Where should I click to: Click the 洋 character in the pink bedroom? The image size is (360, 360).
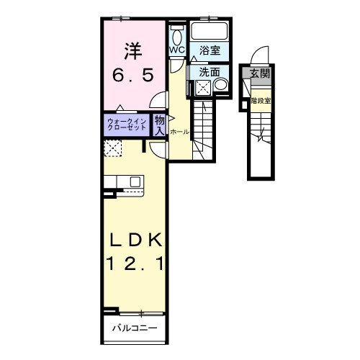pos(131,52)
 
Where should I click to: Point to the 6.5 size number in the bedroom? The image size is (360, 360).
pos(132,75)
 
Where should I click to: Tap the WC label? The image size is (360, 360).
pos(177,50)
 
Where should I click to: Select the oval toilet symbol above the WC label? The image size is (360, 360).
pos(177,36)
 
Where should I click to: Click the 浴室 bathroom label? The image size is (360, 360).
pos(210,51)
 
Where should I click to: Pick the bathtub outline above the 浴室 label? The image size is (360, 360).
pos(210,32)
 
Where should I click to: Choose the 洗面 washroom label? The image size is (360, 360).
pos(210,72)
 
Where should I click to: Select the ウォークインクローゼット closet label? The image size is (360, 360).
pos(127,123)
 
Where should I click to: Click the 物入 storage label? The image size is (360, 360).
pos(159,123)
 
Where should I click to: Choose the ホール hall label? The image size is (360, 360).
pos(179,132)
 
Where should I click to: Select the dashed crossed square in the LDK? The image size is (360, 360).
pos(113,148)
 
